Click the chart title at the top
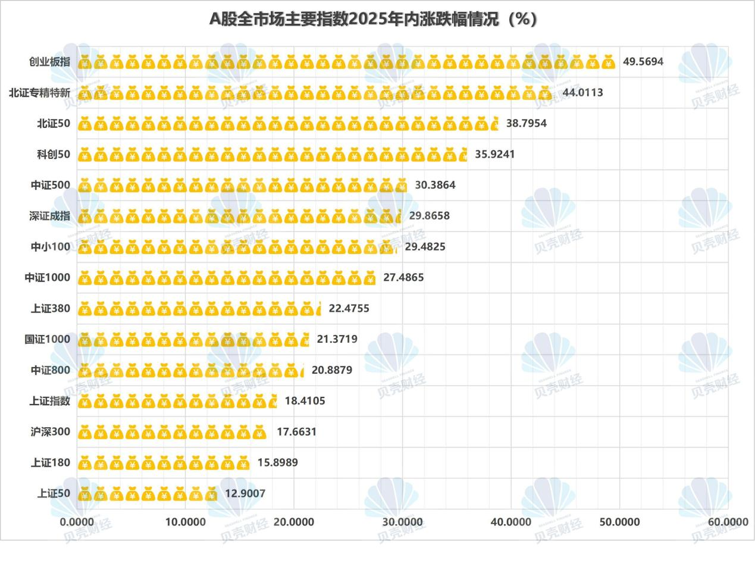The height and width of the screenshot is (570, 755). point(374,19)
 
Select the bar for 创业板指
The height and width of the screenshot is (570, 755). point(346,62)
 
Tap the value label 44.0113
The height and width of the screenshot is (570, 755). point(582,92)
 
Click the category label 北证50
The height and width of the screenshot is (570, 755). point(54,123)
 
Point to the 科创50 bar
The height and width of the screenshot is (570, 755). point(272,154)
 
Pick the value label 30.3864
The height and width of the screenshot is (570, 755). point(435,185)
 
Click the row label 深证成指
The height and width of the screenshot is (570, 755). point(49,216)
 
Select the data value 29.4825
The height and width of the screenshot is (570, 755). point(425,246)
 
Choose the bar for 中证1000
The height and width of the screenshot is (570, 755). point(227,277)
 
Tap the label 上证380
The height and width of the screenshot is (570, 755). point(51,308)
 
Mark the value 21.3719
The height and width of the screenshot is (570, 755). point(337,339)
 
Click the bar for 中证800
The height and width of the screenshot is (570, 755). point(191,370)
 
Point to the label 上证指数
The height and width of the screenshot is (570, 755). point(50,401)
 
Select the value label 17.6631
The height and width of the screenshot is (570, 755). point(296,431)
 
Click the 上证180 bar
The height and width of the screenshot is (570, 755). point(164,462)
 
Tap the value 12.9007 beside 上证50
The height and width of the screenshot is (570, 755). point(245,493)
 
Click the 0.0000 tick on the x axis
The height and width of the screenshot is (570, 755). point(77,522)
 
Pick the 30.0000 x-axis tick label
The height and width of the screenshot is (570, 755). point(402,522)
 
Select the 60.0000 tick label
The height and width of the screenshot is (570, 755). point(728,522)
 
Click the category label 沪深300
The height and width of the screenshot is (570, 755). point(51,431)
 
